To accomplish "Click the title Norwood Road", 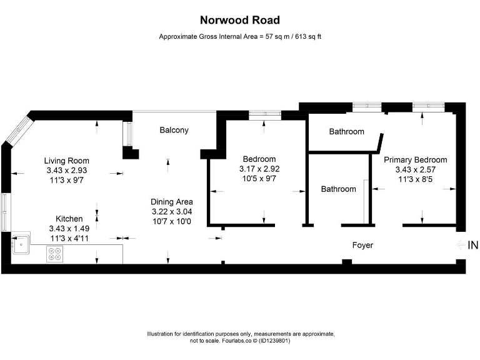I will [x=240, y=21].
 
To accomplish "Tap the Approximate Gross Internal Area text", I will [x=240, y=37].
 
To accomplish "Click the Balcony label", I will [x=174, y=130].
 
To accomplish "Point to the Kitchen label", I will [x=69, y=219].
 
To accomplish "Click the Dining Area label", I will [x=171, y=202].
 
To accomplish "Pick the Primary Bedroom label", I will [x=415, y=159].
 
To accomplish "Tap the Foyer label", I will [x=362, y=245].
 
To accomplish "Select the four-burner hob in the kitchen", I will [x=55, y=254].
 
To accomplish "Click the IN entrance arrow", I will [x=461, y=245].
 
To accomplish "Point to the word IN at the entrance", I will [x=473, y=245].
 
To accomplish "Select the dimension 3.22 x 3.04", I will [x=171, y=212].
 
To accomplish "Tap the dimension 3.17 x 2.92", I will [x=259, y=169].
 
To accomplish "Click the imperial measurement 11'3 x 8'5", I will [x=415, y=179].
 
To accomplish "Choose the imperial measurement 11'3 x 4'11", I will [x=69, y=238].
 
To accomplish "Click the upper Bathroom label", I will [x=346, y=132].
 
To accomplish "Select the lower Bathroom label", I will [x=338, y=189].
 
